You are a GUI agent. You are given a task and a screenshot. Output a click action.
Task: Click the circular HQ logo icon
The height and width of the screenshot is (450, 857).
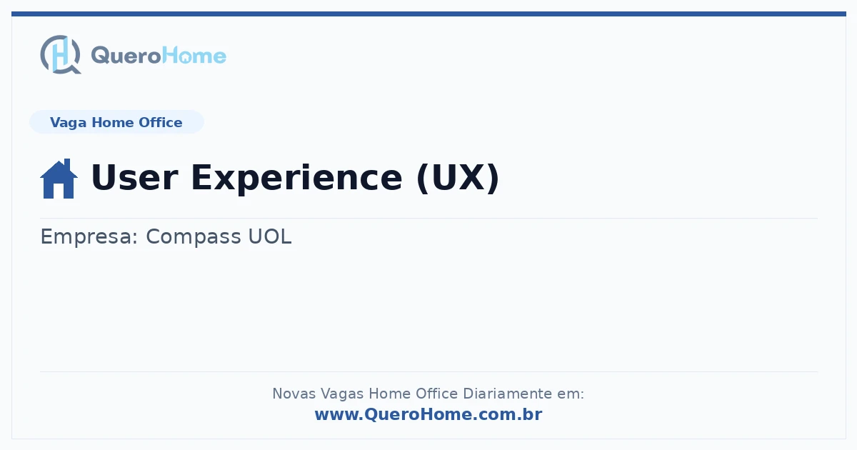coord(61,55)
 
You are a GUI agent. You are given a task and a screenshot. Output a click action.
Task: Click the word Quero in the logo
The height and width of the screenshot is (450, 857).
coord(126,56)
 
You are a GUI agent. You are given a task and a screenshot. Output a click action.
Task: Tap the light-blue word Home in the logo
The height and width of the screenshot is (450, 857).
coord(194,56)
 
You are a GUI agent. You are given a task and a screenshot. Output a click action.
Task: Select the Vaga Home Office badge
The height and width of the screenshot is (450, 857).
coord(116,122)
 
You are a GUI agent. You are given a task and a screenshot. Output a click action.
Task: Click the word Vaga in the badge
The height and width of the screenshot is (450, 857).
coord(68,123)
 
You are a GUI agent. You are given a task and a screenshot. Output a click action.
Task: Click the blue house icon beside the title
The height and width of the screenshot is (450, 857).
coord(59,179)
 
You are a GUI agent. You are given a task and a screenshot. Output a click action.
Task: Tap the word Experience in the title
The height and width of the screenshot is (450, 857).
coord(296,179)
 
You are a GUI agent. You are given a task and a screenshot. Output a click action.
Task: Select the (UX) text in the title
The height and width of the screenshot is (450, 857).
coord(458,178)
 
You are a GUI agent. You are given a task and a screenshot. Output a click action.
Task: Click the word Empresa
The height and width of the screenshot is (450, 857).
coord(89,237)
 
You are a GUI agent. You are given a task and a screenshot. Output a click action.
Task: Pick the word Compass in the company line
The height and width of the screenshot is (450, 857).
coord(194,237)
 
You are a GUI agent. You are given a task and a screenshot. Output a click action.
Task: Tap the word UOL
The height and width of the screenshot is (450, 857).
coord(270,236)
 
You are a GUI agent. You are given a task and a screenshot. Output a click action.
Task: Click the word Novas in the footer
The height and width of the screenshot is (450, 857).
coord(294,394)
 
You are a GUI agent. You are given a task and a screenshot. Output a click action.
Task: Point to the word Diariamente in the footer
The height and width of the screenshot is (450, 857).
coord(507,394)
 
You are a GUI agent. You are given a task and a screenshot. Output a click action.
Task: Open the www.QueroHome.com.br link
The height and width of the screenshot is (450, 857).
coord(428,414)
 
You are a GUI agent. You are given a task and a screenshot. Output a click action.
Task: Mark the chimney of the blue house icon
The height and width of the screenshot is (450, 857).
coord(67,164)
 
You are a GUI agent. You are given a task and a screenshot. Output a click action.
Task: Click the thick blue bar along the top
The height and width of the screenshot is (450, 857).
coord(428,14)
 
